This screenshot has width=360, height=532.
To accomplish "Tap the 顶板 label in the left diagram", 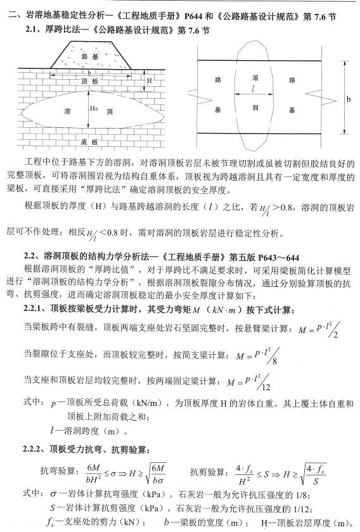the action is point(89,82).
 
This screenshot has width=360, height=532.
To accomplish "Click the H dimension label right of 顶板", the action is point(150,81).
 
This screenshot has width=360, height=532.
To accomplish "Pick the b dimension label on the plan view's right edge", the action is point(347,99).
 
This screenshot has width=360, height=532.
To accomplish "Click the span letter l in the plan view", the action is point(253,90).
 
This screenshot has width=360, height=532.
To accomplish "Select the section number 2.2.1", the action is point(35,291).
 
